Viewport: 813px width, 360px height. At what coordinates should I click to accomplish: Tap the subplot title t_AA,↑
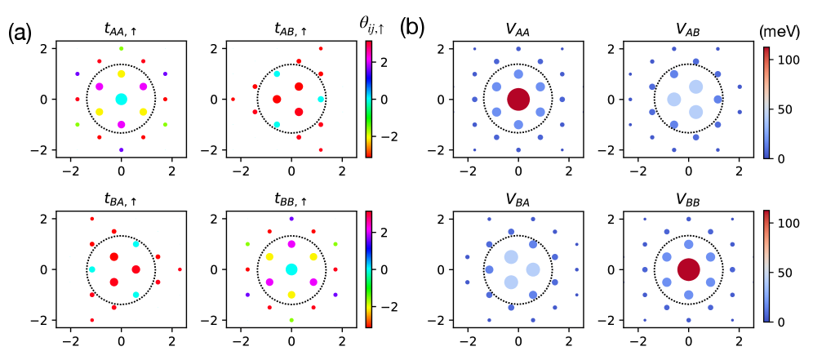[x=121, y=29]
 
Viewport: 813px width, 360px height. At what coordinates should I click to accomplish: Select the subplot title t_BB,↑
[x=291, y=199]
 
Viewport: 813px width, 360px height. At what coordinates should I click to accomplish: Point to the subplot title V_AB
[x=688, y=29]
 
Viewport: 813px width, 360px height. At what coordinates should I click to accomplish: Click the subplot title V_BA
[x=518, y=199]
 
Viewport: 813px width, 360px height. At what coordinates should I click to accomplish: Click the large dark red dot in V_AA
[x=518, y=99]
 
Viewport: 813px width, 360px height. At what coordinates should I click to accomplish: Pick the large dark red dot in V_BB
[x=688, y=269]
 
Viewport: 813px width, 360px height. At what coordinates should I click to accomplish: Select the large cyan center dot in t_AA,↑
[x=121, y=99]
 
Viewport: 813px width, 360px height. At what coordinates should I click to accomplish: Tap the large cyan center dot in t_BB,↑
[x=291, y=269]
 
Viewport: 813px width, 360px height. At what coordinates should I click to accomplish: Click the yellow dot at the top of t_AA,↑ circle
[x=121, y=73]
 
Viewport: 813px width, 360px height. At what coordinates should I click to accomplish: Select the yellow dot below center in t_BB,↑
[x=291, y=294]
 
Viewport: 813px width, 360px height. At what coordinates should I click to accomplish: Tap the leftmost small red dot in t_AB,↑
[x=233, y=100]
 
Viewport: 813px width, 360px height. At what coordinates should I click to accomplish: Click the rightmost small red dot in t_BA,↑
[x=180, y=269]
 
